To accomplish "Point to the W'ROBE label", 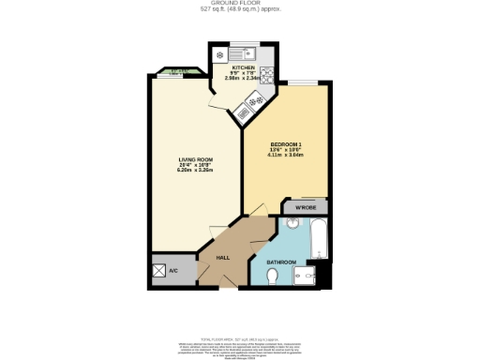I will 305,206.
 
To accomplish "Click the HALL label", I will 223,257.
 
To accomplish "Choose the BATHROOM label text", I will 281,262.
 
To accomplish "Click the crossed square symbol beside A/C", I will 161,271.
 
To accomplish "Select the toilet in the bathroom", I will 272,277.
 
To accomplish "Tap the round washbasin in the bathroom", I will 292,226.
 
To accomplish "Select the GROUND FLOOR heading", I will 239,4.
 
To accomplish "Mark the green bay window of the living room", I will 174,71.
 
